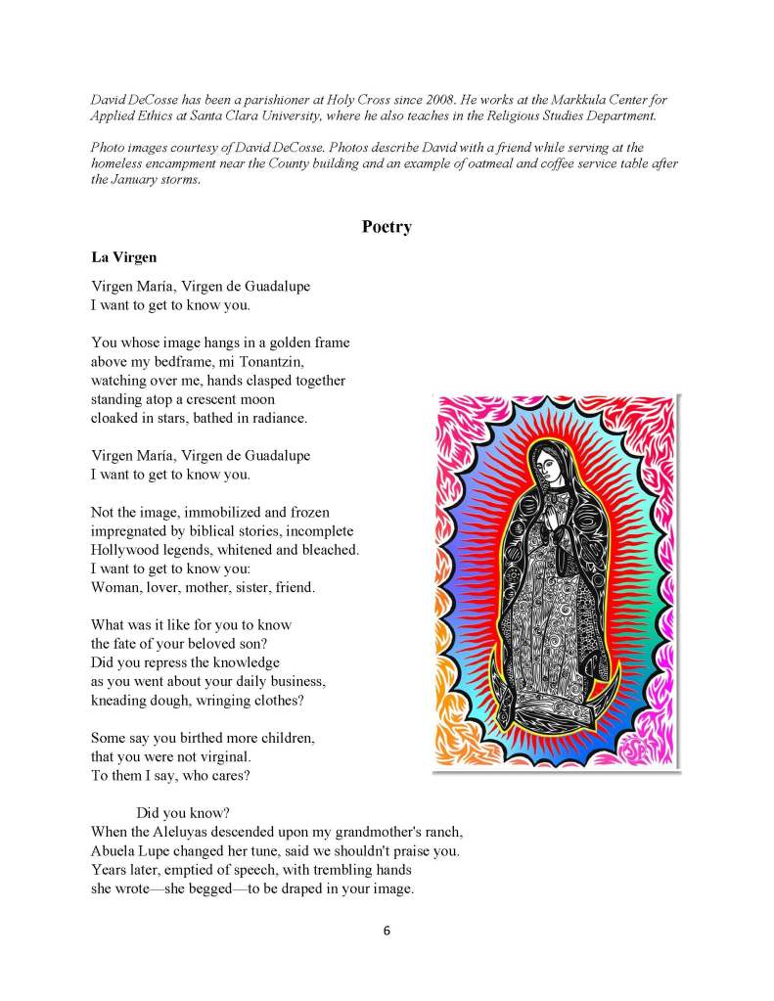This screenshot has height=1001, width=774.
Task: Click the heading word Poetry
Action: (387, 227)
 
